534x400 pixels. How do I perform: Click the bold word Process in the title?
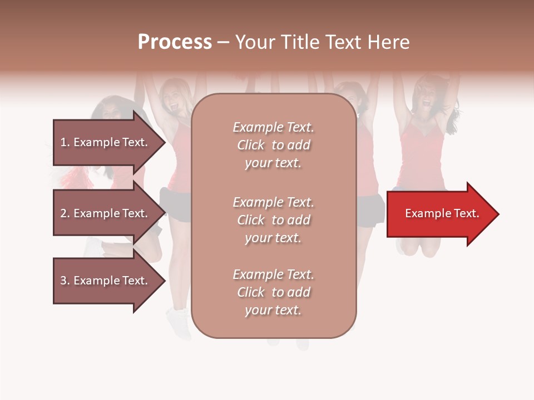coord(175,42)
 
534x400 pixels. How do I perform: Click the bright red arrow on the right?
coord(442,214)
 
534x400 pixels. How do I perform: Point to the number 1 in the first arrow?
coord(63,142)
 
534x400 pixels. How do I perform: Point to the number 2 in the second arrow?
coord(63,213)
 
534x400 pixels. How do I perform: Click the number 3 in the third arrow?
coord(63,281)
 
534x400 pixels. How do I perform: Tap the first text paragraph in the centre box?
coord(273,145)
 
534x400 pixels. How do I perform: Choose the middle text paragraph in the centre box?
coord(273,220)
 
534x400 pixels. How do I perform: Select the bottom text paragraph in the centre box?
coord(273,292)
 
